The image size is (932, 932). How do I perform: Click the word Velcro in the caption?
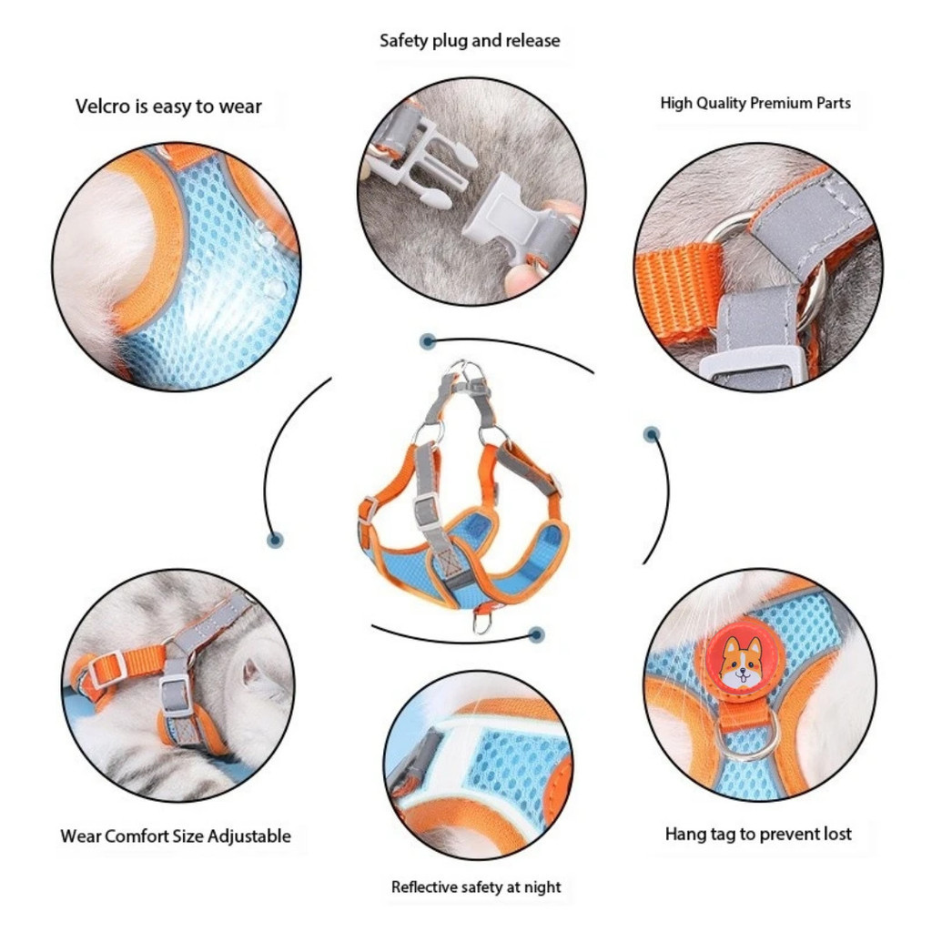click(x=104, y=106)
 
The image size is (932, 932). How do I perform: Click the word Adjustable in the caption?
click(x=249, y=837)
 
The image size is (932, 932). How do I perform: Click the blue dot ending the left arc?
click(x=275, y=540)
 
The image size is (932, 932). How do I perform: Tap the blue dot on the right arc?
click(x=652, y=434)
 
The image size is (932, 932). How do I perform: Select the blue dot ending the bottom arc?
click(x=537, y=634)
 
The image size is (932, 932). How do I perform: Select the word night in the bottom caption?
click(x=542, y=887)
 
